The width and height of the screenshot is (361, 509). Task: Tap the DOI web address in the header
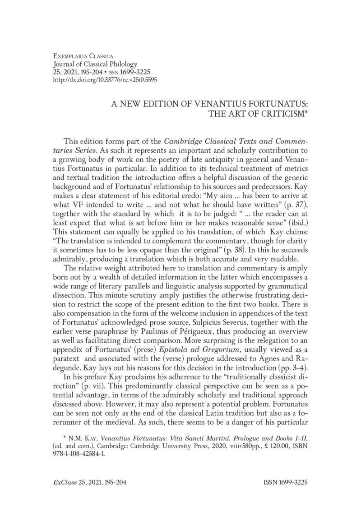(105, 79)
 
